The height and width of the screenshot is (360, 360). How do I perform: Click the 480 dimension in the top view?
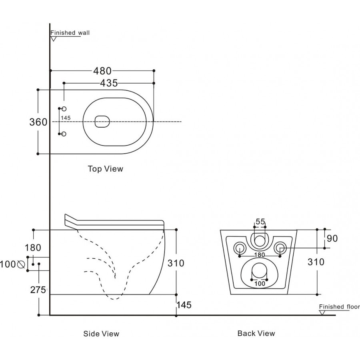pyautogui.click(x=102, y=71)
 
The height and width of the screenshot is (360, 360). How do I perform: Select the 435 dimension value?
pyautogui.click(x=109, y=83)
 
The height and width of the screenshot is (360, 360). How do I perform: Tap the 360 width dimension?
pyautogui.click(x=38, y=122)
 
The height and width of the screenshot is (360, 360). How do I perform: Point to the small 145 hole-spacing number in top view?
pyautogui.click(x=66, y=118)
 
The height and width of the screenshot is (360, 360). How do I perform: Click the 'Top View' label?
pyautogui.click(x=106, y=169)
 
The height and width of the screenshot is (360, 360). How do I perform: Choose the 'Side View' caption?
pyautogui.click(x=101, y=334)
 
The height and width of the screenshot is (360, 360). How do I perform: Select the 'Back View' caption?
pyautogui.click(x=256, y=333)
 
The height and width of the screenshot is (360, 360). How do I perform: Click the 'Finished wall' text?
pyautogui.click(x=70, y=33)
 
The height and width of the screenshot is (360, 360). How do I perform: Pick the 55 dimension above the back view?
pyautogui.click(x=260, y=222)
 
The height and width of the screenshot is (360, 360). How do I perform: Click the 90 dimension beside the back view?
pyautogui.click(x=332, y=238)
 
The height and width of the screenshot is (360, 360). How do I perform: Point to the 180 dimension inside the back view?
pyautogui.click(x=260, y=255)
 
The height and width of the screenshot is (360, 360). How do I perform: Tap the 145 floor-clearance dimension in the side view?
pyautogui.click(x=184, y=305)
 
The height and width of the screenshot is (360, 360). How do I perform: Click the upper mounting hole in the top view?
pyautogui.click(x=64, y=109)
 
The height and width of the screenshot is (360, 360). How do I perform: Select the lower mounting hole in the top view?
pyautogui.click(x=64, y=134)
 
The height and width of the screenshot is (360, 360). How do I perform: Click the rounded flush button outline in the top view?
pyautogui.click(x=102, y=122)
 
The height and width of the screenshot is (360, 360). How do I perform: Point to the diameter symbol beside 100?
pyautogui.click(x=21, y=264)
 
